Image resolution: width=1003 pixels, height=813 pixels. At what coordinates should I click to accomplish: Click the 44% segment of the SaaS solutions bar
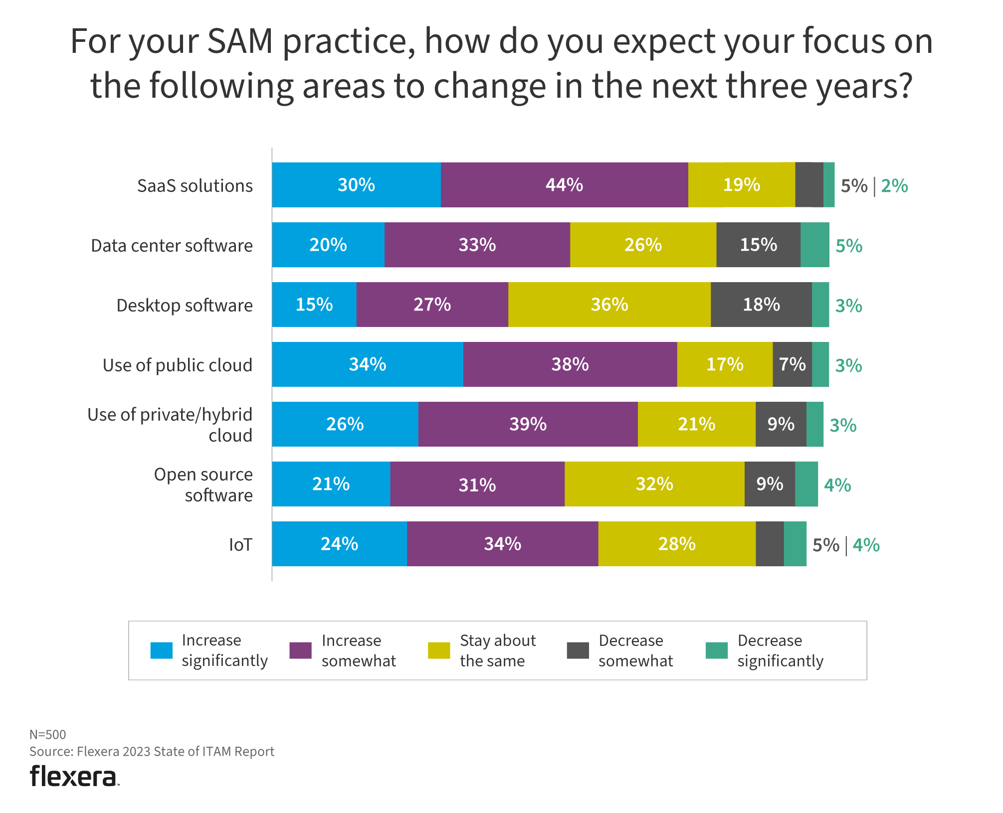click(564, 185)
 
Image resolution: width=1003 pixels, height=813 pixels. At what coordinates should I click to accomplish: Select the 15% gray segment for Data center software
click(758, 245)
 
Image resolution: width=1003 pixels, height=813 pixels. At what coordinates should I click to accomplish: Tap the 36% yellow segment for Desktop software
click(609, 305)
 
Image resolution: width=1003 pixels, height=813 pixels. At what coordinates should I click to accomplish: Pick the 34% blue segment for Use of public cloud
click(368, 364)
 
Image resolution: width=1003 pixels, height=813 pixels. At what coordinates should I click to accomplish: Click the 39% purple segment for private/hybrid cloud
click(528, 424)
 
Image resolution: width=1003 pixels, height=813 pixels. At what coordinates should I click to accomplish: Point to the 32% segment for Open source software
click(654, 484)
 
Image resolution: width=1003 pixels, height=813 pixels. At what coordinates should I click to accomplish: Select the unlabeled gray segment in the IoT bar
click(770, 544)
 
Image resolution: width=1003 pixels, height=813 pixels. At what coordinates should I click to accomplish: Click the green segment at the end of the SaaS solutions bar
click(829, 185)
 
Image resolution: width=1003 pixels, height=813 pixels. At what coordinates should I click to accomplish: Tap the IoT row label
click(240, 545)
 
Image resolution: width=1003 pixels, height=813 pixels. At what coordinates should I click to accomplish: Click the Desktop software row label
click(185, 305)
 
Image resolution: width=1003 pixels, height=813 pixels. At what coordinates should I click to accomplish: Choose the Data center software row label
click(172, 246)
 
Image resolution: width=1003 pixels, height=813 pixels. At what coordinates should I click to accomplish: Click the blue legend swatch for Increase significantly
click(162, 650)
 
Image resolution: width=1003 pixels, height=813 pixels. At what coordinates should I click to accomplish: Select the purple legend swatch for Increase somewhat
click(300, 650)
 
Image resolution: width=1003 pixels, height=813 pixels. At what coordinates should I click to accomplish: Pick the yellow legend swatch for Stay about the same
click(439, 650)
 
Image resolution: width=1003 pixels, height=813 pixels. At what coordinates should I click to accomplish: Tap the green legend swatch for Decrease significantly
click(717, 650)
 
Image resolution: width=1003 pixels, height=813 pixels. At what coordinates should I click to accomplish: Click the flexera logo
click(74, 776)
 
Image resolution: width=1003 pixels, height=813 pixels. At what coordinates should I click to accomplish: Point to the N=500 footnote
click(48, 734)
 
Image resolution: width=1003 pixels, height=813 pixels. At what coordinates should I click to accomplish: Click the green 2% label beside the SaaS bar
click(894, 186)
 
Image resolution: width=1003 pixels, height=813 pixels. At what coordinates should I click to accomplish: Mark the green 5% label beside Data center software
click(849, 246)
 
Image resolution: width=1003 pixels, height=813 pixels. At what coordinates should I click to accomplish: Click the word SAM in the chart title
click(240, 41)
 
